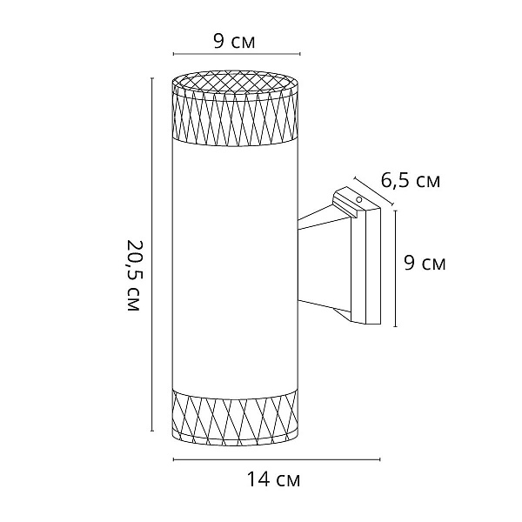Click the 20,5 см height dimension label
click(x=134, y=275)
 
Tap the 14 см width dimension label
click(x=273, y=479)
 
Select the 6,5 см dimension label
click(x=410, y=182)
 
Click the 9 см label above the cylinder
click(x=234, y=42)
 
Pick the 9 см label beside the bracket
click(x=425, y=263)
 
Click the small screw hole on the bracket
click(x=359, y=200)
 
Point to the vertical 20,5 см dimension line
click(x=152, y=254)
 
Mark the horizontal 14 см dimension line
click(x=277, y=459)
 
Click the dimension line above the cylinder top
click(x=237, y=54)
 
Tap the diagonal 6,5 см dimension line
click(x=374, y=191)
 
